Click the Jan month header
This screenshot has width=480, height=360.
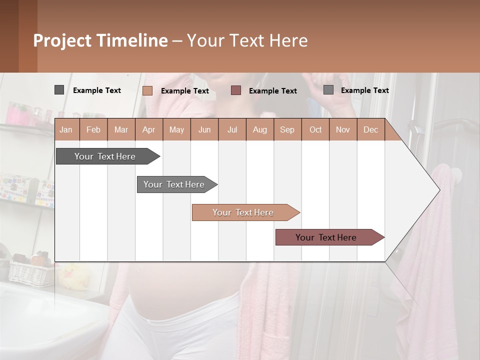coord(66,130)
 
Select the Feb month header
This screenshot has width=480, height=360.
coord(93,130)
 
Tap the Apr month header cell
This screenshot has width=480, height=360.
coord(149,130)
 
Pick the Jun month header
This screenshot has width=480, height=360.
coord(204,130)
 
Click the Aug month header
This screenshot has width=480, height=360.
coord(260,130)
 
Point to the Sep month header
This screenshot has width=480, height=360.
coord(287,130)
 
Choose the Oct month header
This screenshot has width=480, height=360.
coord(315,130)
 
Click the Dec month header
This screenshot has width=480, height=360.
coord(371,130)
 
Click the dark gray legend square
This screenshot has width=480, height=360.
coord(59,90)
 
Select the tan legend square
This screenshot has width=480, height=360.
coord(147,90)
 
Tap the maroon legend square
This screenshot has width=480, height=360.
coord(236,90)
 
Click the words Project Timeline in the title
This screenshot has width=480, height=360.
coord(100,40)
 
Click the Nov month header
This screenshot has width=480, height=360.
coord(343,130)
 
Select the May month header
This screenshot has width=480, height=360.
coord(176,130)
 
